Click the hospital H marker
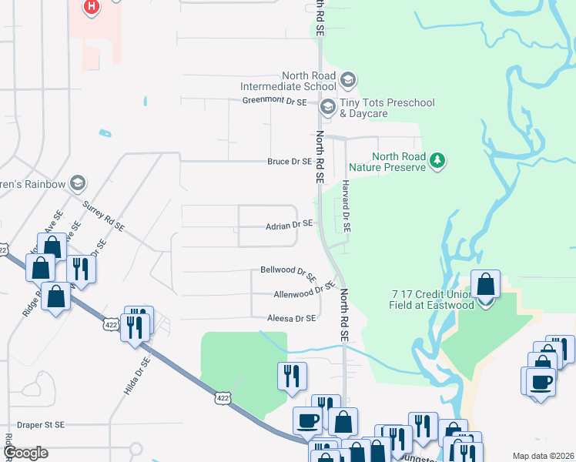coord(91,7)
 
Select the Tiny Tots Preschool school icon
coord(327,107)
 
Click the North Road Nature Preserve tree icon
coord(438,159)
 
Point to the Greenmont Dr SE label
coord(274,101)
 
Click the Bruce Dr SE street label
coord(289,162)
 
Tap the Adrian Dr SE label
coord(289,225)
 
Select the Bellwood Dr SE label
coord(288,273)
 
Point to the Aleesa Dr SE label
coord(291,318)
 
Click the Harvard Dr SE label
coord(347,207)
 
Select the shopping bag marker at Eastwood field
coord(486,285)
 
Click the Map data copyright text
coord(543,456)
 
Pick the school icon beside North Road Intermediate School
coord(348,79)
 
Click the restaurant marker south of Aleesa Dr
coord(292,377)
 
